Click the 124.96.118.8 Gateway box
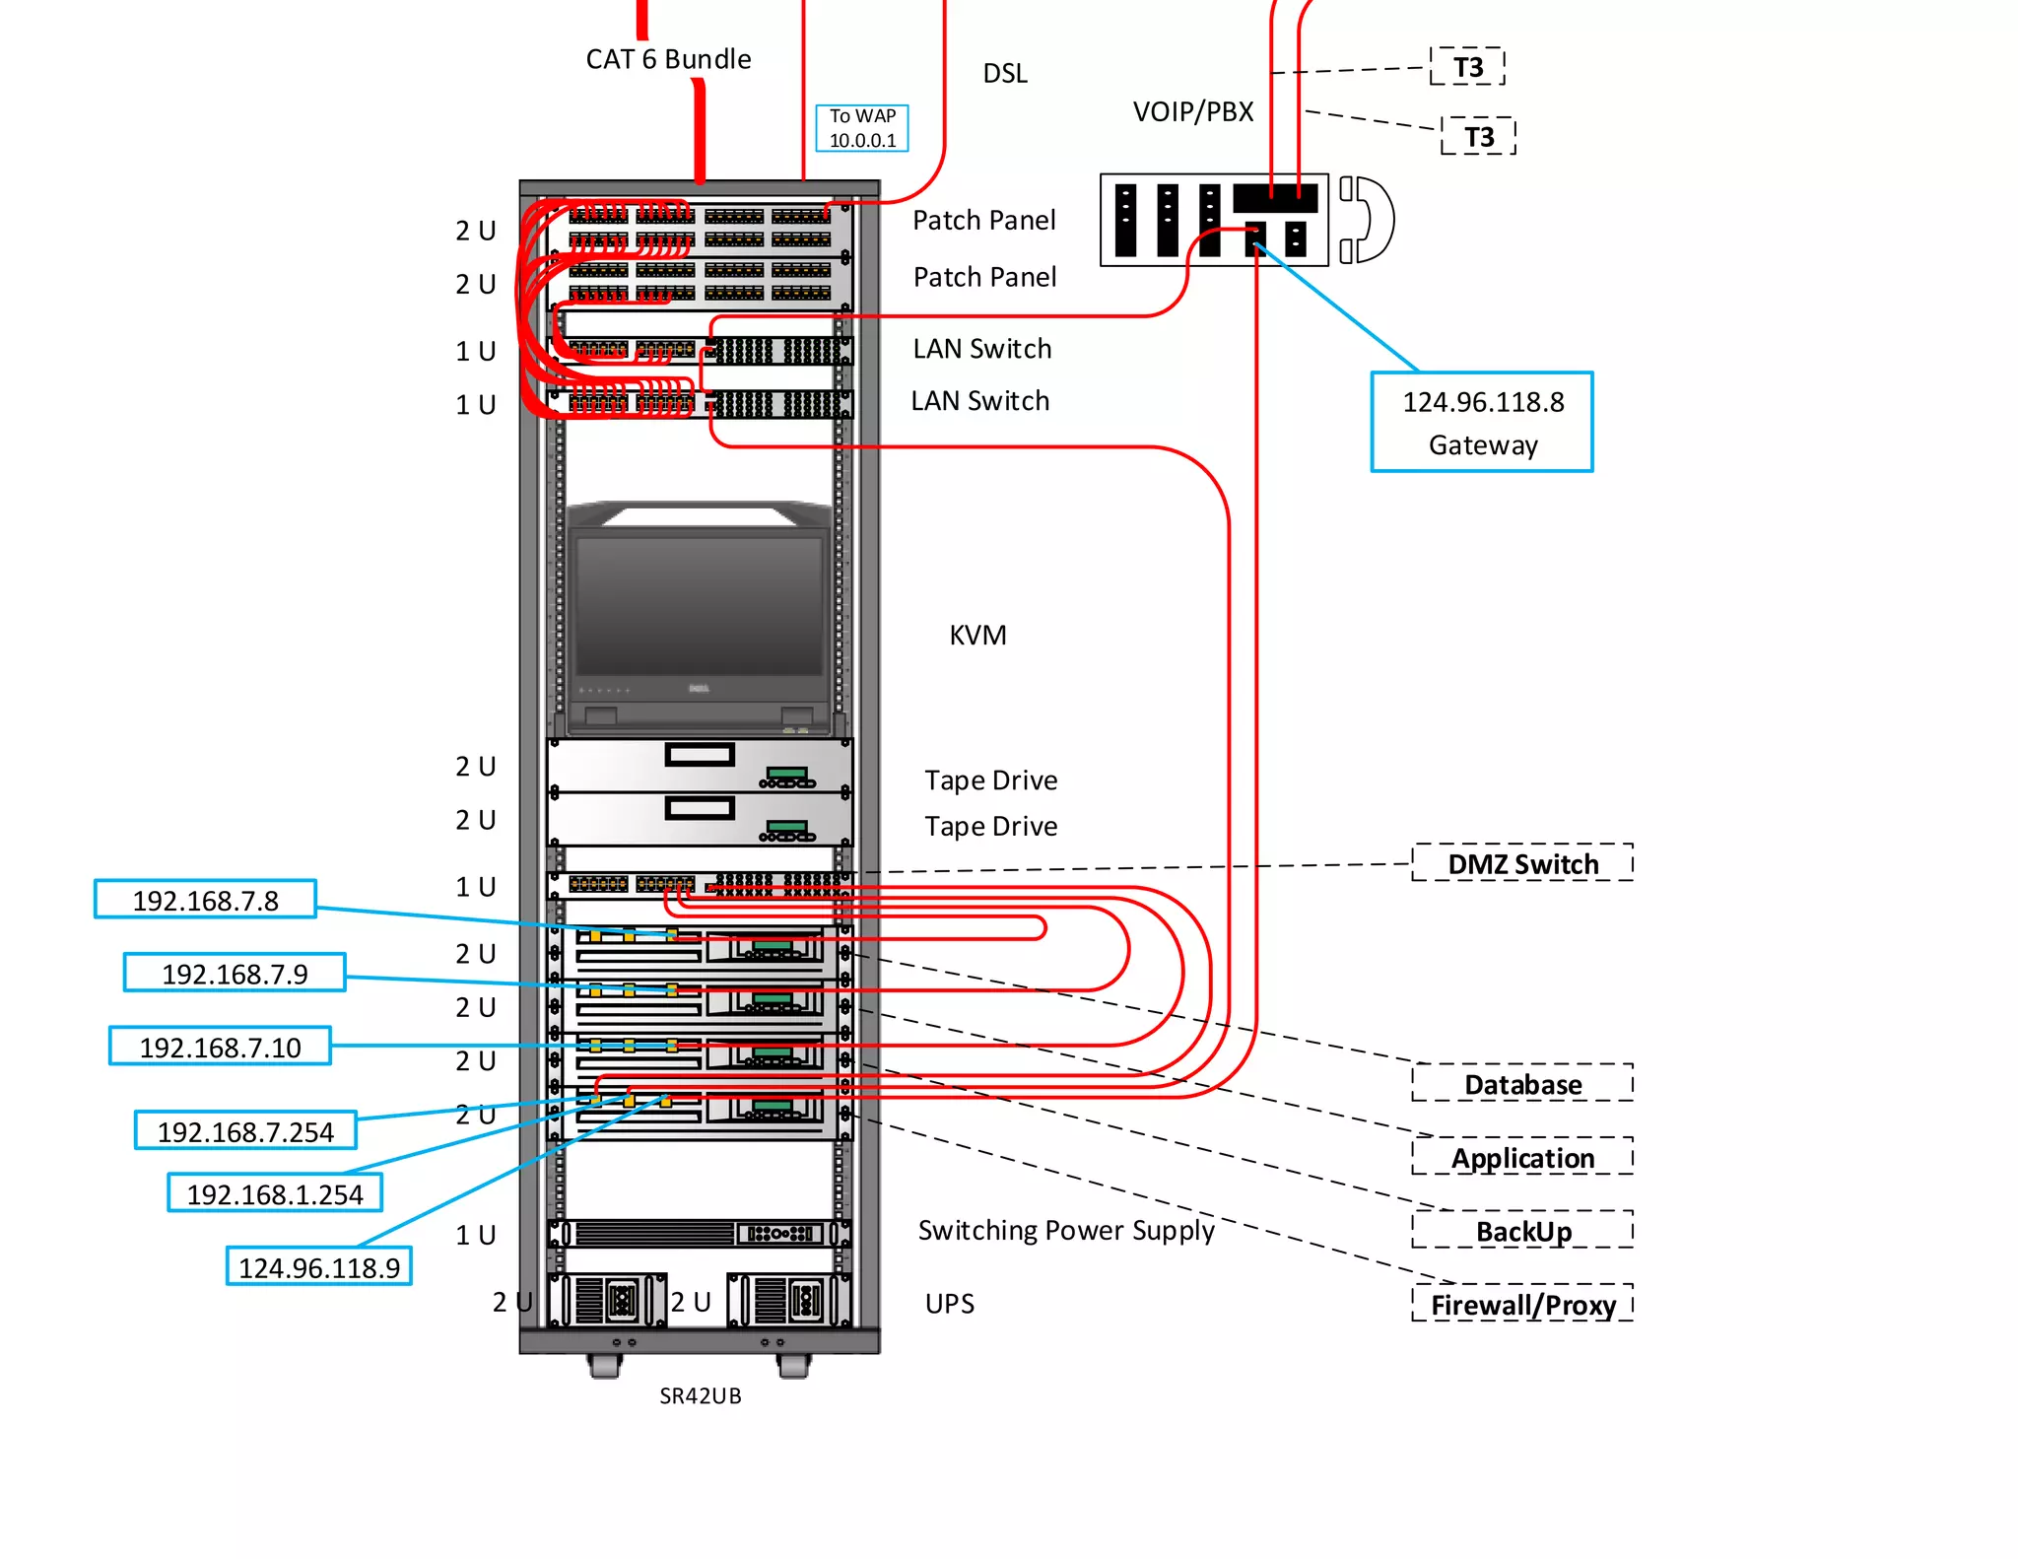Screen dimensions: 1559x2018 pyautogui.click(x=1481, y=422)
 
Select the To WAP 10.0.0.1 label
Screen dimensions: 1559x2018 pyautogui.click(x=862, y=128)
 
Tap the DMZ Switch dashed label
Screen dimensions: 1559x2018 pyautogui.click(x=1522, y=863)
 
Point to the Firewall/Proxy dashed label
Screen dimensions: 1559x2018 pyautogui.click(x=1522, y=1304)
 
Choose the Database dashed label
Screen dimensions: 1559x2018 pyautogui.click(x=1522, y=1083)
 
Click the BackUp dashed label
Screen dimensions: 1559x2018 pyautogui.click(x=1522, y=1230)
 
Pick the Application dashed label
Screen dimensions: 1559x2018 pyautogui.click(x=1522, y=1157)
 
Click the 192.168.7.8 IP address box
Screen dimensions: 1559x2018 pyautogui.click(x=205, y=899)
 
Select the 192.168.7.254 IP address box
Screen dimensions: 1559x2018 pyautogui.click(x=245, y=1130)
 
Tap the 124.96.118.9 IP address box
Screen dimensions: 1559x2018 pyautogui.click(x=318, y=1266)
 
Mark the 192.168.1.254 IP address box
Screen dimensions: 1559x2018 pyautogui.click(x=275, y=1192)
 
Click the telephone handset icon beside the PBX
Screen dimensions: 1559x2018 pyautogui.click(x=1367, y=220)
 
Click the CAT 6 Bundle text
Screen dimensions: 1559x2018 pyautogui.click(x=668, y=59)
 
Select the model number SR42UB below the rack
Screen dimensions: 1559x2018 pyautogui.click(x=700, y=1395)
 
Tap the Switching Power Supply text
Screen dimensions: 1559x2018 pyautogui.click(x=1065, y=1230)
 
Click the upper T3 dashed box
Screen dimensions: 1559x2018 pyautogui.click(x=1467, y=67)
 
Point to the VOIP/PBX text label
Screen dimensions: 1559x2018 pyautogui.click(x=1192, y=111)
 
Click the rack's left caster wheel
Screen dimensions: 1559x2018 pyautogui.click(x=604, y=1366)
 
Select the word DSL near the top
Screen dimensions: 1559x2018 pyautogui.click(x=1005, y=73)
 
